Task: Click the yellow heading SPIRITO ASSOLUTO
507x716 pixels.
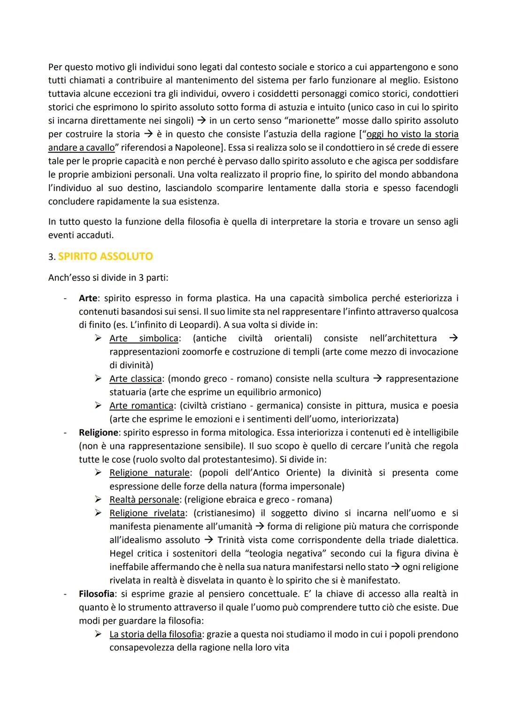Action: (x=106, y=256)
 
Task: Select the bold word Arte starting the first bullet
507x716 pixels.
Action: (x=88, y=298)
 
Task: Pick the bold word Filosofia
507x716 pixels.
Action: (x=97, y=594)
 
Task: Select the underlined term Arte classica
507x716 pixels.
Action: (x=136, y=379)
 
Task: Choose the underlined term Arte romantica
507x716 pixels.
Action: (x=141, y=406)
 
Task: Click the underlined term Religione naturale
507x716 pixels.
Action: (x=149, y=473)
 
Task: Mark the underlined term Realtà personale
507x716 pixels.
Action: (x=144, y=500)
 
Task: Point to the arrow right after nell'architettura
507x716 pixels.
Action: (x=453, y=339)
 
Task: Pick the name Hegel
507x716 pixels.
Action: (x=122, y=554)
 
